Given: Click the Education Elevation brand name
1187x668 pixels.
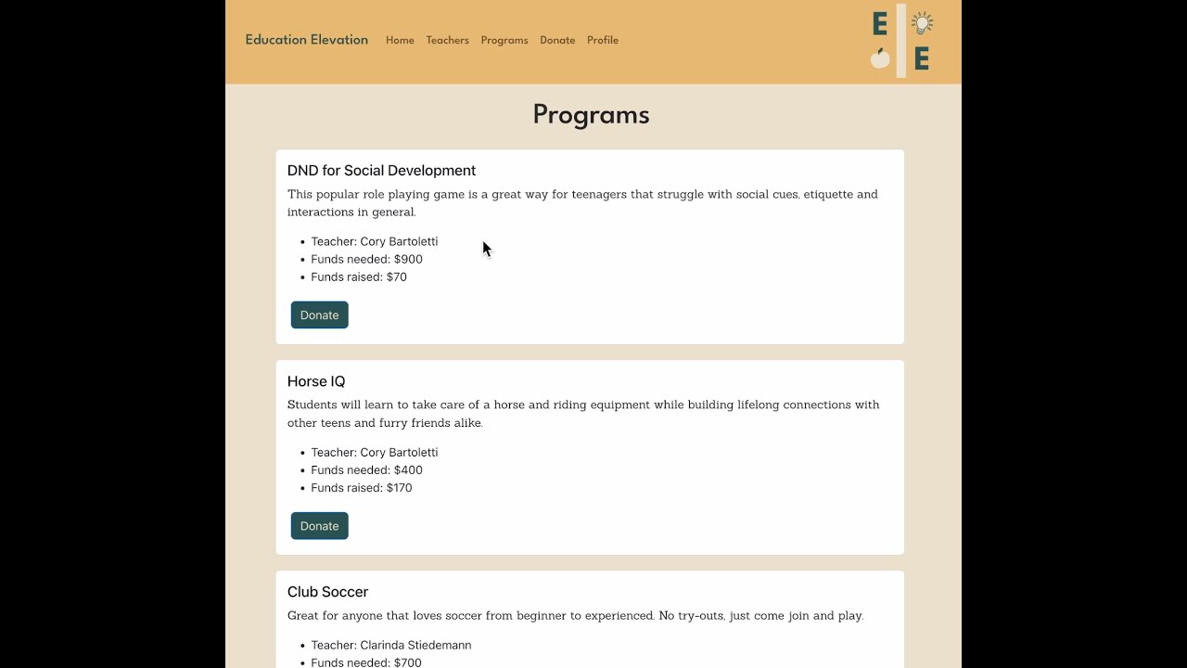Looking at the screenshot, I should [x=306, y=40].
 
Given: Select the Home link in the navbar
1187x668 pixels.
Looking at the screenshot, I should [x=400, y=41].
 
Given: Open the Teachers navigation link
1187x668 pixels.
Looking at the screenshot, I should [x=447, y=41].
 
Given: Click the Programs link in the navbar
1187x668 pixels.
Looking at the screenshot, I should [x=504, y=41].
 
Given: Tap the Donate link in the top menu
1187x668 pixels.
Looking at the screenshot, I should [x=557, y=41].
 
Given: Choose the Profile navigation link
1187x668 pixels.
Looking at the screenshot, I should [x=602, y=41].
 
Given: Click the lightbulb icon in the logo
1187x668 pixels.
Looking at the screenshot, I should [x=922, y=23].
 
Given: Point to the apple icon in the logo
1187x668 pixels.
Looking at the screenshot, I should [x=880, y=58].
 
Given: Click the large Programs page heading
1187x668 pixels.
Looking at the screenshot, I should [x=591, y=114].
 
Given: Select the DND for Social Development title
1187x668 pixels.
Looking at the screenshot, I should [x=381, y=171].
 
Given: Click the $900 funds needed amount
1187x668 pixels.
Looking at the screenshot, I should [x=408, y=260].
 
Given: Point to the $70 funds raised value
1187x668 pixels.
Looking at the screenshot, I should [x=397, y=277].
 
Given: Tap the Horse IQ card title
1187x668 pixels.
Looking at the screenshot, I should [x=316, y=381].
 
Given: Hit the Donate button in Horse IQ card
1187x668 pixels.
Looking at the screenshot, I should [x=319, y=526].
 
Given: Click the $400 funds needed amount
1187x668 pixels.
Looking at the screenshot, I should [x=408, y=470].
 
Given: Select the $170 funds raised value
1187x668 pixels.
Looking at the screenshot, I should [x=400, y=488].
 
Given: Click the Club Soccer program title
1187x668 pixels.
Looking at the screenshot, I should [x=327, y=592].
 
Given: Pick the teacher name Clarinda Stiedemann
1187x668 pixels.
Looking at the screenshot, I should [x=415, y=646].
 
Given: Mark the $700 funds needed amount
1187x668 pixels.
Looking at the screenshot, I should [x=408, y=662].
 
